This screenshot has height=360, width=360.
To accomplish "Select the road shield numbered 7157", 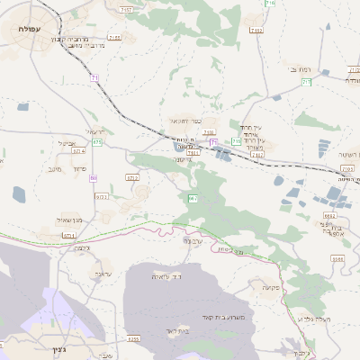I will (x=127, y=9).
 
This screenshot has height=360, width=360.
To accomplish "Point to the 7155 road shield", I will (x=113, y=38).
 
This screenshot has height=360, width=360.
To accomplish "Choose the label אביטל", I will (x=66, y=143).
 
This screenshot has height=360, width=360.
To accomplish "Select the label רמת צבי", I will (x=299, y=68).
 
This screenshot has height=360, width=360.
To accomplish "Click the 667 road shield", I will (x=193, y=197).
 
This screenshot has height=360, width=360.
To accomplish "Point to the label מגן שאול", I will (x=67, y=220).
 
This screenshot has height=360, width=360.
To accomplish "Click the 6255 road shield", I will (x=133, y=338).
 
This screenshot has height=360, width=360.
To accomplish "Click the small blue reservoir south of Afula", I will (x=20, y=193).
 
